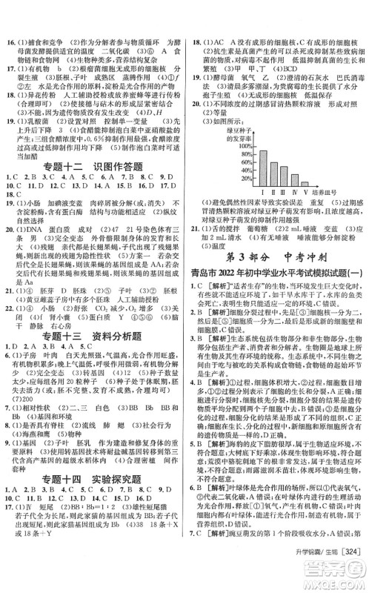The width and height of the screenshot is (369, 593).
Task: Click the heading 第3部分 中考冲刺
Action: point(276,258)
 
